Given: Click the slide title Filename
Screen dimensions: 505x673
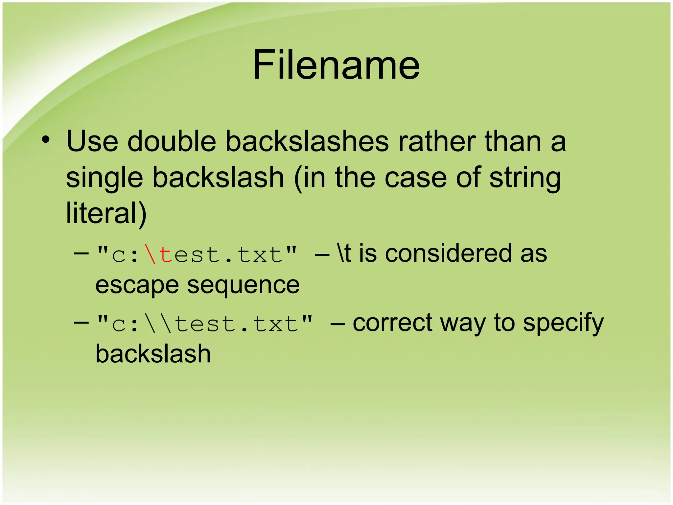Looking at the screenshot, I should tap(336, 65).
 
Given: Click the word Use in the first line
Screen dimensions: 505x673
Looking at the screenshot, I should tap(92, 142).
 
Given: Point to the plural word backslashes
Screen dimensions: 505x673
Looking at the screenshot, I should tap(307, 142).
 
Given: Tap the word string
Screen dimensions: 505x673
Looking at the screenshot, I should tap(525, 178).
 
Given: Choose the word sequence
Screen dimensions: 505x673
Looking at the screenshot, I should tap(243, 285).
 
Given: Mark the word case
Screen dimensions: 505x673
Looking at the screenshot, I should tap(415, 178).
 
